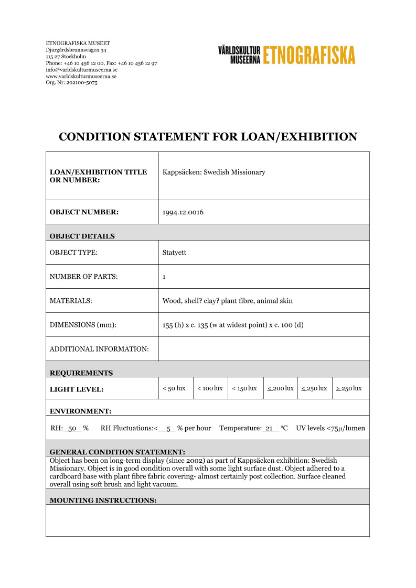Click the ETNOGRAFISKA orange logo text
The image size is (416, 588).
pos(309,55)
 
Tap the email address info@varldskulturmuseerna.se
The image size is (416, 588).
pos(81,70)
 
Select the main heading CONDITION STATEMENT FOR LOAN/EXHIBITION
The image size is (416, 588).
pos(208,137)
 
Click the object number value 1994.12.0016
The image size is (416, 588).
pos(183,212)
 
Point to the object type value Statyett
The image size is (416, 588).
pos(174,253)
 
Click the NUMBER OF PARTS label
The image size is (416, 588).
pos(83,277)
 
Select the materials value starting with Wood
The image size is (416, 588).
pos(227,301)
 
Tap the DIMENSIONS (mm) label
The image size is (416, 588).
pos(82,325)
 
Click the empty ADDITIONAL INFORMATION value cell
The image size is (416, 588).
pos(263,349)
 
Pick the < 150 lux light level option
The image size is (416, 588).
pos(244,388)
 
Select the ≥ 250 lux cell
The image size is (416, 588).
pos(349,388)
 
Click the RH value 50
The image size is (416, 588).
pos(73,428)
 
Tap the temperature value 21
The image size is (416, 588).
pos(269,428)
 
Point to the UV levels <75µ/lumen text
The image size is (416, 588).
pos(330,428)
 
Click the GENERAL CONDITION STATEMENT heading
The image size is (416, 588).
pos(117,452)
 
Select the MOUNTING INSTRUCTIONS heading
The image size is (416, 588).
pos(103,500)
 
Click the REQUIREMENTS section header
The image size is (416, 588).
pos(81,373)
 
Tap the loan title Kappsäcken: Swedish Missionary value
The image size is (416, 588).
pos(214,172)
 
